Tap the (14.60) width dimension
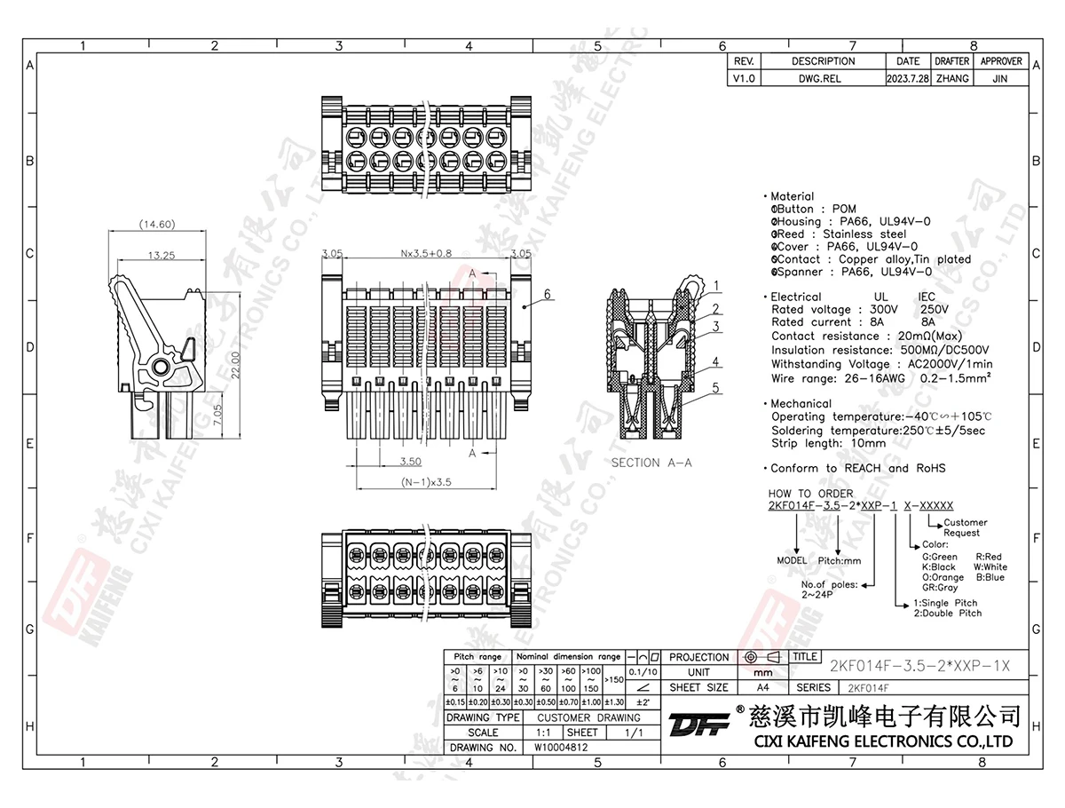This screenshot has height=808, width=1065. pos(157,225)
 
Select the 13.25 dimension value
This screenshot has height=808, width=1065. pos(161,256)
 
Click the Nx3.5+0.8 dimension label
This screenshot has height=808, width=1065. pos(426,253)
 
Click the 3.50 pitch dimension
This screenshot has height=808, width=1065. pos(409,462)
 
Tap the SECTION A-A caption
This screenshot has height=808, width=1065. pos(651,463)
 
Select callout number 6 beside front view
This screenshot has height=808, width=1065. pos(548,294)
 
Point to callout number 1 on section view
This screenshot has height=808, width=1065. pos(715,285)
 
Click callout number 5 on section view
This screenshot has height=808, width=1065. pos(715,387)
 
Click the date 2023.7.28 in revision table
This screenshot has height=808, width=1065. pos(907,78)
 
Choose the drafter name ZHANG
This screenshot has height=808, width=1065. pos(951,78)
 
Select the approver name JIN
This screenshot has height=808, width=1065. pos(1001,78)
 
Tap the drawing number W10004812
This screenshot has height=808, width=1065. pos(561,748)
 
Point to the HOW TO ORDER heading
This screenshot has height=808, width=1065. pos(810,494)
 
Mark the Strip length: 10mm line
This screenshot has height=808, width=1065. pos(828,443)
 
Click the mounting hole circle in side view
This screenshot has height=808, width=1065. pos(161,367)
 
